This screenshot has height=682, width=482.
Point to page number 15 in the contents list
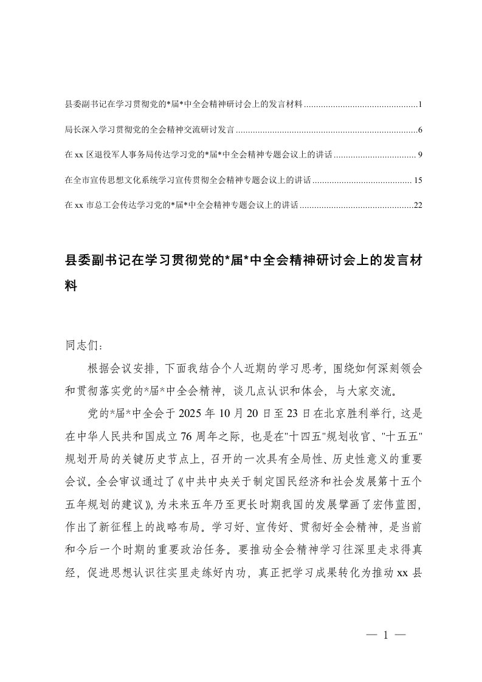[x=418, y=180]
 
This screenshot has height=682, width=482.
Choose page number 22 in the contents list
[x=418, y=205]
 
